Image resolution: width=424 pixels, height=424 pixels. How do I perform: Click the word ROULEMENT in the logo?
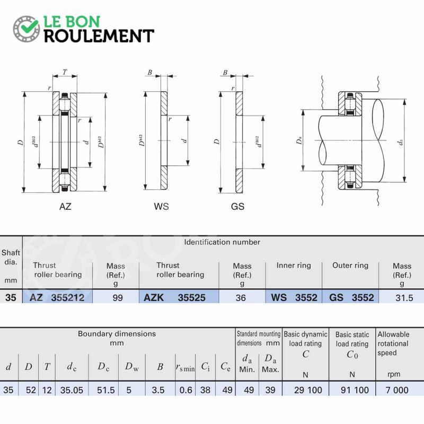(99, 36)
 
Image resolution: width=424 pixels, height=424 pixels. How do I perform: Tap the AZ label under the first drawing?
(65, 207)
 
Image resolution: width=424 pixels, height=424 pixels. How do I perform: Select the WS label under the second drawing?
(161, 207)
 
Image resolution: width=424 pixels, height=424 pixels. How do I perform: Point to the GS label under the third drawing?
(237, 207)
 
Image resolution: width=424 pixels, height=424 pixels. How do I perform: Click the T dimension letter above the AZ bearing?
(65, 72)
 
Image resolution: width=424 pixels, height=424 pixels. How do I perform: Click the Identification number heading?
(222, 242)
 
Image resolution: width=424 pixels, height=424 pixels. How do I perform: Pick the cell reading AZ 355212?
(57, 298)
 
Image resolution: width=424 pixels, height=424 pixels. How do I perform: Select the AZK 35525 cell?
(174, 298)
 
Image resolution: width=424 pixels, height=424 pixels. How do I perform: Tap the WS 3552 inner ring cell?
(294, 298)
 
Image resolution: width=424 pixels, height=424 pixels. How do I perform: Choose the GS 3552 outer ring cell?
(351, 298)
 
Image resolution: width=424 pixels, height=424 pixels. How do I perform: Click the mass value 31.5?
(404, 298)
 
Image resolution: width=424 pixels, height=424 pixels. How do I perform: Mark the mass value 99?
(118, 298)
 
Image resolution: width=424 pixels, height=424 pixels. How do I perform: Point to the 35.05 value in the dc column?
(72, 390)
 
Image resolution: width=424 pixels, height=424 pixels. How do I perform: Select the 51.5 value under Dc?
(105, 390)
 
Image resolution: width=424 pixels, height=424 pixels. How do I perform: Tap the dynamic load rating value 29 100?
(308, 390)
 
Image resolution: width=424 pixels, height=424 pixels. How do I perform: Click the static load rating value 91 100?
(355, 390)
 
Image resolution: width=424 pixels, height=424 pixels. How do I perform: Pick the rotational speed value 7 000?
(396, 390)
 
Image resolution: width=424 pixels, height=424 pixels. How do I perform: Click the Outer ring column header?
(350, 266)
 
